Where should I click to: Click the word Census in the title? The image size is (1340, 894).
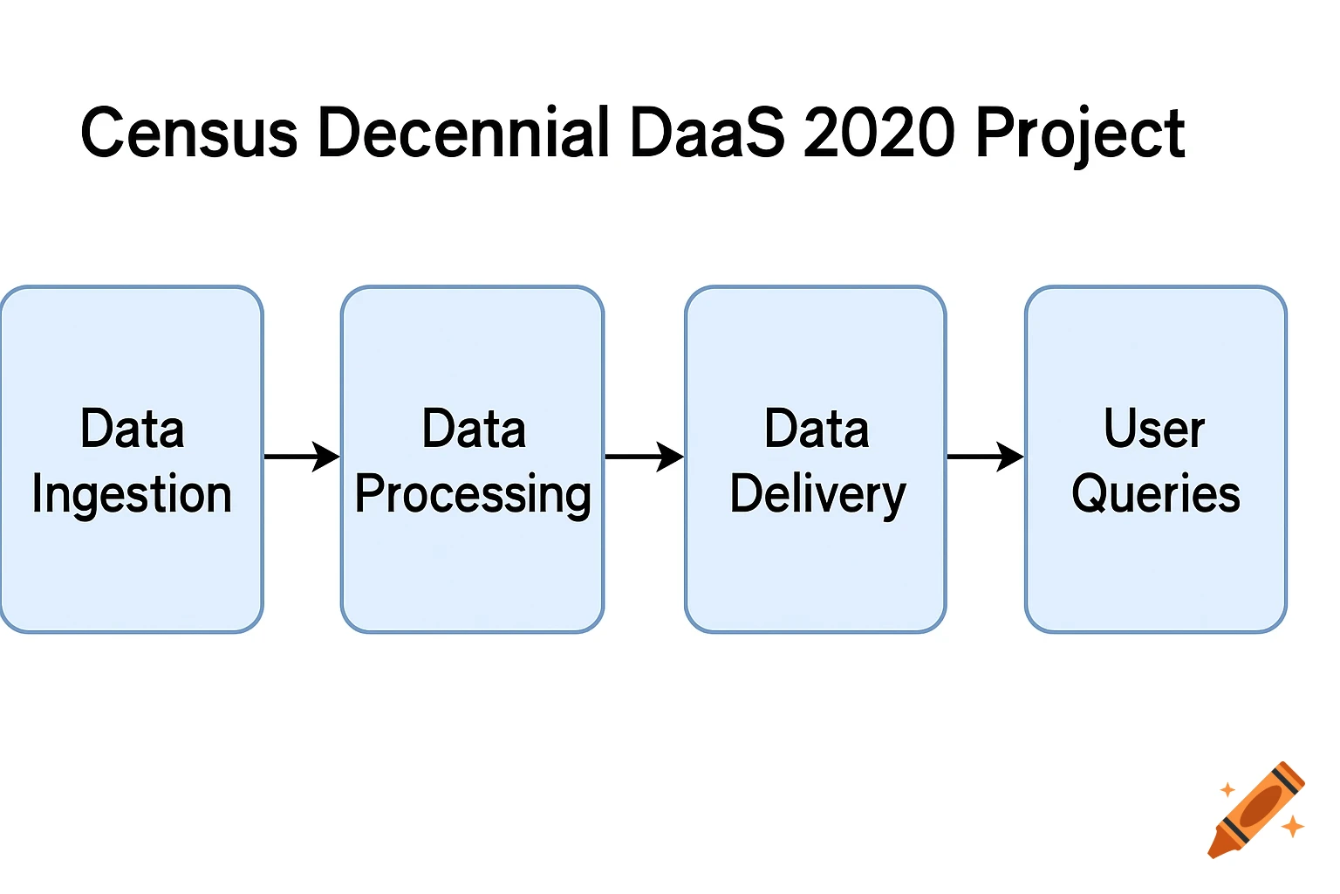click(x=188, y=134)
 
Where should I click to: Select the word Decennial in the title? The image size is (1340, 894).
click(x=463, y=134)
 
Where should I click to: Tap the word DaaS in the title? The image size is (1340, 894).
click(x=707, y=134)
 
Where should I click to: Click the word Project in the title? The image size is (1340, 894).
click(x=1080, y=135)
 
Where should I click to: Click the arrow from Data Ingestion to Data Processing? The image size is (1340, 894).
click(x=302, y=456)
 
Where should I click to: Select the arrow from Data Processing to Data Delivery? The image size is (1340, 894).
click(x=644, y=456)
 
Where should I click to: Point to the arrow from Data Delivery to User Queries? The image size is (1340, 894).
click(x=985, y=456)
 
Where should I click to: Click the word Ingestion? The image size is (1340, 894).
click(x=132, y=495)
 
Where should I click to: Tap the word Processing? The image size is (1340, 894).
click(x=473, y=495)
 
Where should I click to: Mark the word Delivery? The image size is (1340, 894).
click(x=817, y=495)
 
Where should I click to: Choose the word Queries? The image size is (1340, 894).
click(x=1155, y=494)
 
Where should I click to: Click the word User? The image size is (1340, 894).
click(x=1154, y=430)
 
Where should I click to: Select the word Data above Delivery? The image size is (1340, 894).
click(x=817, y=430)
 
